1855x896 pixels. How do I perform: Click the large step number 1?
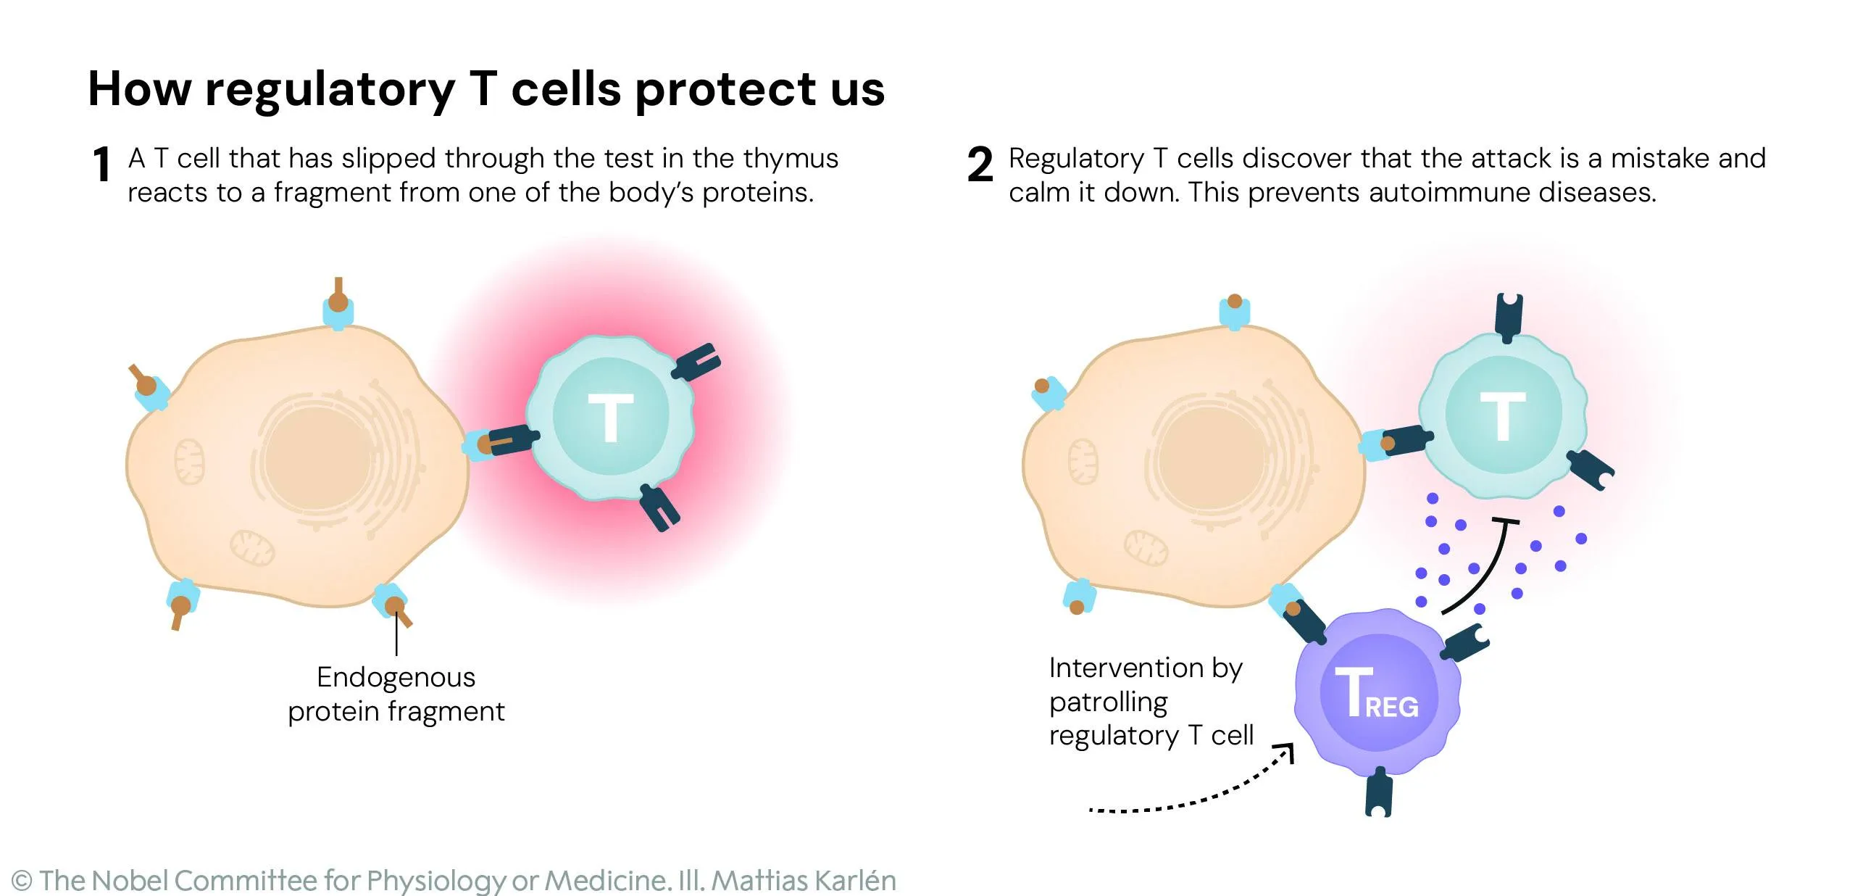pyautogui.click(x=102, y=165)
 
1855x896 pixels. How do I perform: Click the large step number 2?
pyautogui.click(x=980, y=165)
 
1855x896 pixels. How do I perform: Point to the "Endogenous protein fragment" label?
pyautogui.click(x=396, y=694)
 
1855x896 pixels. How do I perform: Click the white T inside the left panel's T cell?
pyautogui.click(x=610, y=418)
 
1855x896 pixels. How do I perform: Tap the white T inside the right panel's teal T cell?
pyautogui.click(x=1503, y=416)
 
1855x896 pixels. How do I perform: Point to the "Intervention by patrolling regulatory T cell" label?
pyautogui.click(x=1150, y=701)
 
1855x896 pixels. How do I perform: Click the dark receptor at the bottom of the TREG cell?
pyautogui.click(x=1378, y=794)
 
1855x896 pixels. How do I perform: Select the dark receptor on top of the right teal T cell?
pyautogui.click(x=1509, y=318)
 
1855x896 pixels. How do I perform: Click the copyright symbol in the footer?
pyautogui.click(x=22, y=881)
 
